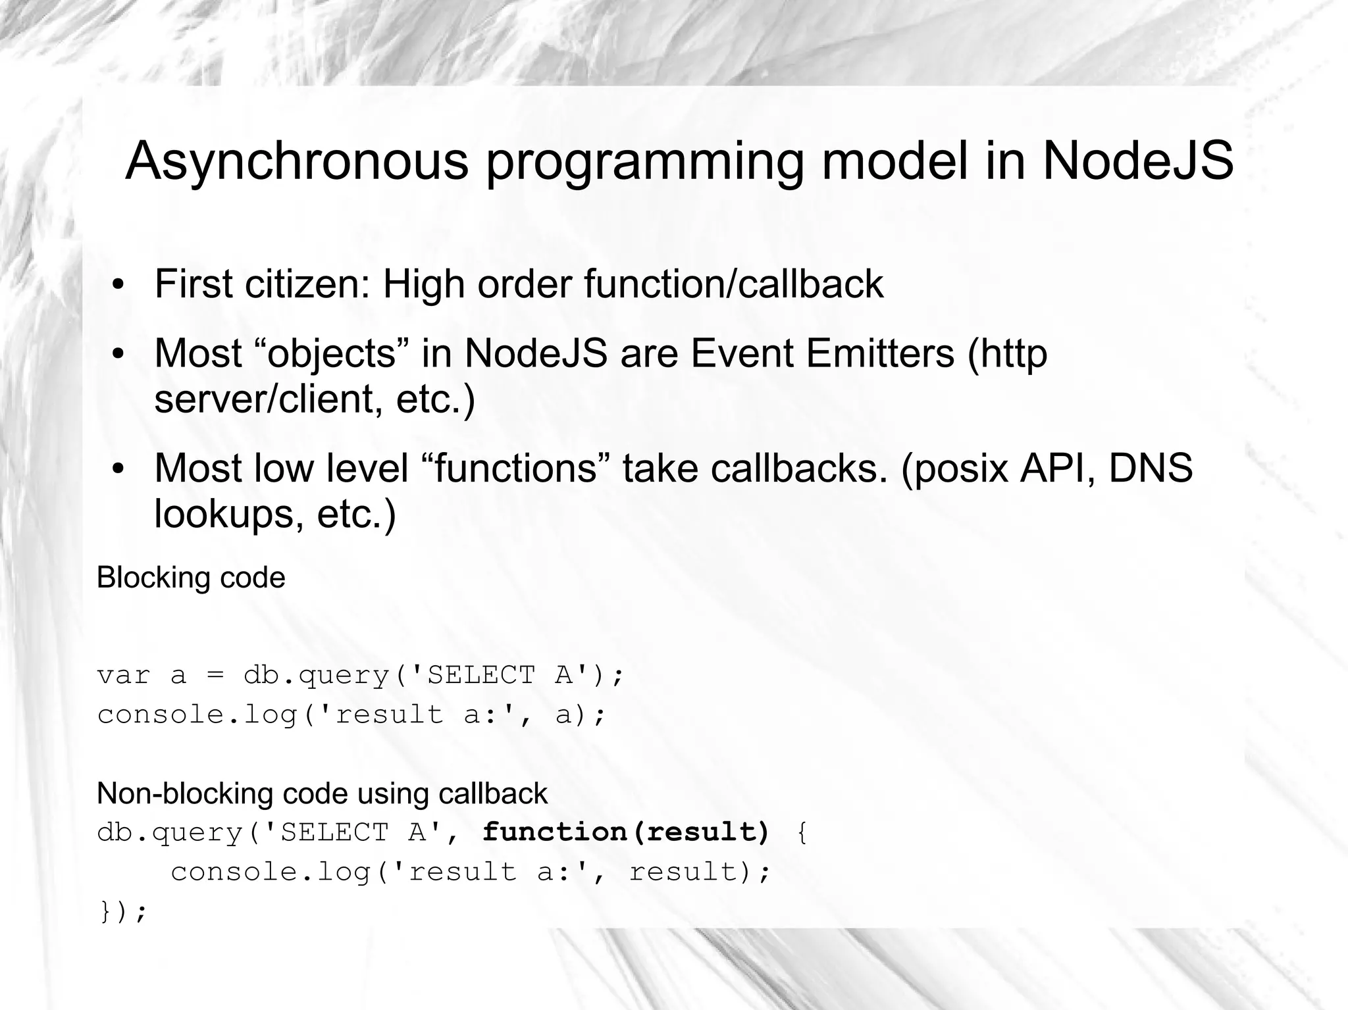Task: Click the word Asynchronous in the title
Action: [296, 162]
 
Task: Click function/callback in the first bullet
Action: [733, 284]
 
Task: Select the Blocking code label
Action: [191, 578]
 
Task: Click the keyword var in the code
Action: [124, 676]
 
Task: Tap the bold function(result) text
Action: [626, 832]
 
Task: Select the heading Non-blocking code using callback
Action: [322, 794]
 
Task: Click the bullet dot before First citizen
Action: [118, 286]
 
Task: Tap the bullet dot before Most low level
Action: [118, 469]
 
